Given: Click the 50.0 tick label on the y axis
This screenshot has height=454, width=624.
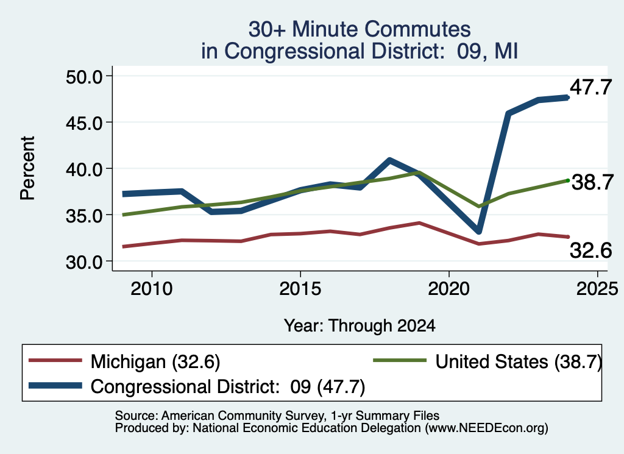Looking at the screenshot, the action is (84, 77).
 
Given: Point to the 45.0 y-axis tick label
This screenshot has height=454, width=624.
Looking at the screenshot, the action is (84, 123).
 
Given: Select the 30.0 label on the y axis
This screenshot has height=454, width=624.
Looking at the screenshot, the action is (84, 262).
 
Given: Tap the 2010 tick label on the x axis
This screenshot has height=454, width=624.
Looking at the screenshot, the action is (152, 288).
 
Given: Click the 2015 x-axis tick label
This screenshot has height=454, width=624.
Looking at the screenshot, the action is (300, 288).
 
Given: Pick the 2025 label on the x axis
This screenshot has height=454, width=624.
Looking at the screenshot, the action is (597, 288).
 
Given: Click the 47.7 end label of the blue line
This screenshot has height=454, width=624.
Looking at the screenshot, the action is (590, 87).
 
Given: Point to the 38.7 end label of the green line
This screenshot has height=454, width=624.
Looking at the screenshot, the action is (592, 182).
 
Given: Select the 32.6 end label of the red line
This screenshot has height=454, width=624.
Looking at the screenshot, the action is (590, 250).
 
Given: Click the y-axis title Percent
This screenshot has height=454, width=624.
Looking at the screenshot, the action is (27, 168).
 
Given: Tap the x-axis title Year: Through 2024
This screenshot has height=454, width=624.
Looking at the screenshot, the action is (360, 325).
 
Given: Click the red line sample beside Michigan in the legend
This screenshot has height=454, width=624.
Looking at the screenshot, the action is (55, 361).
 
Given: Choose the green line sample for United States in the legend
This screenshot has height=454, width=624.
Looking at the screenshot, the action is (400, 361).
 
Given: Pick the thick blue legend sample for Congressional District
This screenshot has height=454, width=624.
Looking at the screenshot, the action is (55, 386).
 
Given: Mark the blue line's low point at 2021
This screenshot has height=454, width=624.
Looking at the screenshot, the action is (478, 231).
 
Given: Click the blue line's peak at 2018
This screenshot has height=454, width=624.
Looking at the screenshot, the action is (389, 160).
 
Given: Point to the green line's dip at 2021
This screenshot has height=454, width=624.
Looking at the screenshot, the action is (479, 207).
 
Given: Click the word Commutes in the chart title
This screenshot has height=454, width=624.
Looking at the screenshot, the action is (417, 29).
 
